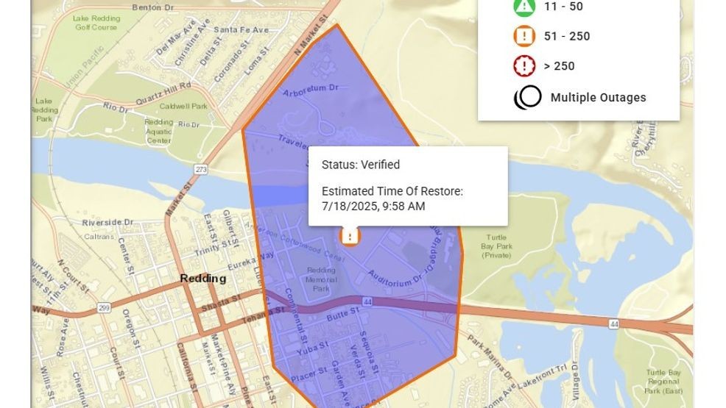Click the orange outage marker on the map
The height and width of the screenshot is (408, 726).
pos(350,236)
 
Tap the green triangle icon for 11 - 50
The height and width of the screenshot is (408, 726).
pos(524,7)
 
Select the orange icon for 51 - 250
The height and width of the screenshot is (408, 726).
pos(524,36)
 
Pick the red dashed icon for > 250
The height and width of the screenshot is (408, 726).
pos(524,66)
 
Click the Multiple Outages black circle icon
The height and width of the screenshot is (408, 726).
pos(527,98)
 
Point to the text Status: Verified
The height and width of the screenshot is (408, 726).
pos(361,165)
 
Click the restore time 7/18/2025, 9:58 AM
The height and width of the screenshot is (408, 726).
pos(373,206)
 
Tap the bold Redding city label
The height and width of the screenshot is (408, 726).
pos(203,279)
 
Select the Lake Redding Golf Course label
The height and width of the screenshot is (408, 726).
pos(96,23)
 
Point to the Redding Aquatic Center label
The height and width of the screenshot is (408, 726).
pos(159,131)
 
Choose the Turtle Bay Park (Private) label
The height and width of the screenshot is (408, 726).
pos(497,246)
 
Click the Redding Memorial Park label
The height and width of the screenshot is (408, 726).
pos(321,279)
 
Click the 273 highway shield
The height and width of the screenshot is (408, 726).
pos(201,170)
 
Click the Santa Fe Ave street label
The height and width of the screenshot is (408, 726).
pos(242,30)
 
